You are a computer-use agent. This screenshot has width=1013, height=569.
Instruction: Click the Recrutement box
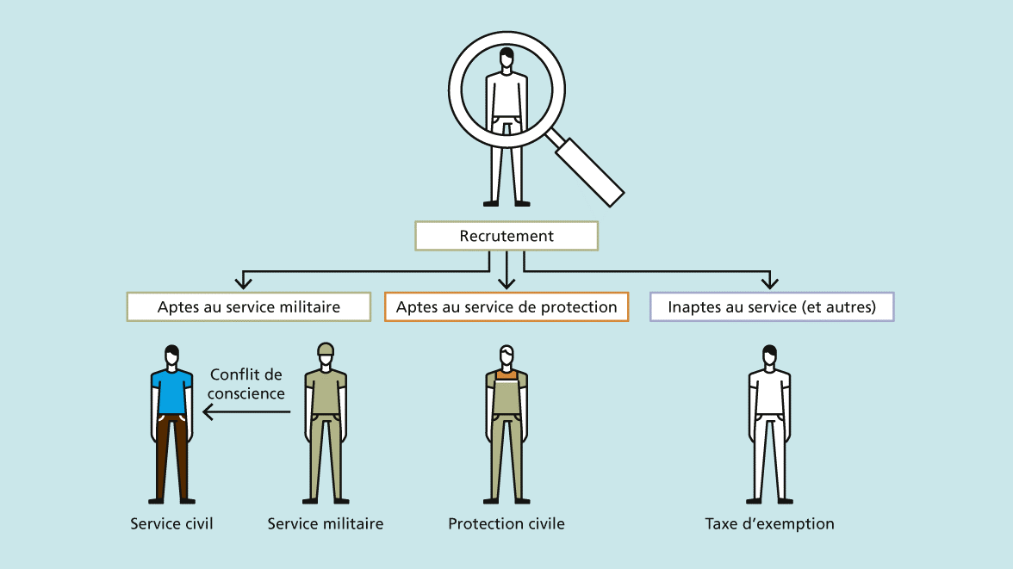tap(506, 236)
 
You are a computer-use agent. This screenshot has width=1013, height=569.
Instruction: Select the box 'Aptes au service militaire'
tap(249, 307)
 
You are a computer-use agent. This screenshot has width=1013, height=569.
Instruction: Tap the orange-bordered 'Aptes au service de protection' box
tap(506, 307)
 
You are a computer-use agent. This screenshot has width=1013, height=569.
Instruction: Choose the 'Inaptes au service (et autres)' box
tap(772, 307)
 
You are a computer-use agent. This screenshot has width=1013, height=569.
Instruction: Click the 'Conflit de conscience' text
tap(246, 384)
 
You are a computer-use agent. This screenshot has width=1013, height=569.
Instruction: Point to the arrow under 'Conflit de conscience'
tap(246, 413)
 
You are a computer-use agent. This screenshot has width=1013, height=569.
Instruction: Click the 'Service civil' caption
tap(171, 523)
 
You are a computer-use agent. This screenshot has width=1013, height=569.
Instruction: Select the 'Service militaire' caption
tap(326, 523)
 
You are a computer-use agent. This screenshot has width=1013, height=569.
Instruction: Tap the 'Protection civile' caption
tap(506, 523)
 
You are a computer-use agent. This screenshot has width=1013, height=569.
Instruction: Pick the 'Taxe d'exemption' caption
tap(769, 523)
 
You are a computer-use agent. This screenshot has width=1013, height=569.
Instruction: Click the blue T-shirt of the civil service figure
tap(171, 392)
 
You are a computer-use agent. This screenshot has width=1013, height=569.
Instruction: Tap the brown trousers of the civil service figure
tap(171, 456)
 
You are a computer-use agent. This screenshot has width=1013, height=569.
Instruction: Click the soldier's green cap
tap(326, 349)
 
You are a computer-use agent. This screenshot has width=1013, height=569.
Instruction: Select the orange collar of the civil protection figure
tap(506, 374)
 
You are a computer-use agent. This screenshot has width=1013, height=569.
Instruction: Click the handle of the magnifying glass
tap(589, 171)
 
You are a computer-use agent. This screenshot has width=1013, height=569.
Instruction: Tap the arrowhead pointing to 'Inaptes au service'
tap(769, 281)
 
